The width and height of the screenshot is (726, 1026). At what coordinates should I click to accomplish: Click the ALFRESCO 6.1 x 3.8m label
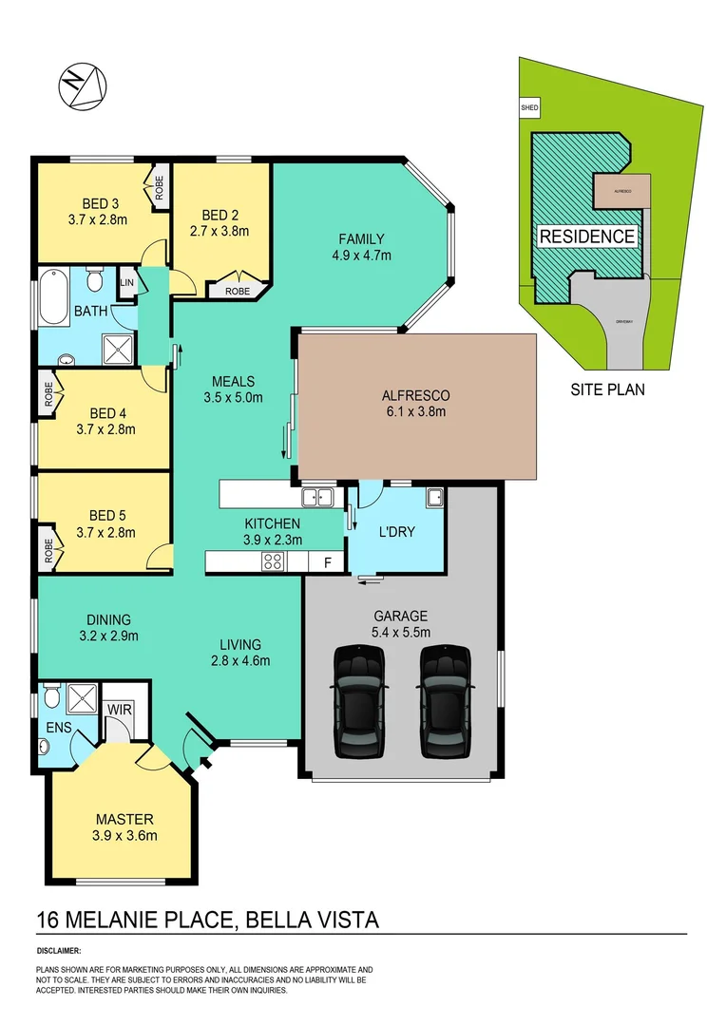[415, 403]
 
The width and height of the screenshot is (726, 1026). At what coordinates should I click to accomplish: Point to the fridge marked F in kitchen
[327, 562]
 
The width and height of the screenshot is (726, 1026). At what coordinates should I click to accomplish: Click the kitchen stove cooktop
[273, 561]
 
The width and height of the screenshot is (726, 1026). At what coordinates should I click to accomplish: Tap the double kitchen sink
[315, 495]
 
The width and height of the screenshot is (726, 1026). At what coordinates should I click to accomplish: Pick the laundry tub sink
[434, 496]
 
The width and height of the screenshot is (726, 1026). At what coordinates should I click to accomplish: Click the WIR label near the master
[119, 709]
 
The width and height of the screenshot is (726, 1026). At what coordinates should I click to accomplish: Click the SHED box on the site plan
[529, 108]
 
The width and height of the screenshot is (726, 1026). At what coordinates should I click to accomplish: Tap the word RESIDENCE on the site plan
[586, 237]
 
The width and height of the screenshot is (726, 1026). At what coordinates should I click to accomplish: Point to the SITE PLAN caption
[607, 389]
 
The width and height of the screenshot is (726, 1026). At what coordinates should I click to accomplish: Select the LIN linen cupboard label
[125, 282]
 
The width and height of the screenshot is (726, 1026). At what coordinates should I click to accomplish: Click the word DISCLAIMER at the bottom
[59, 950]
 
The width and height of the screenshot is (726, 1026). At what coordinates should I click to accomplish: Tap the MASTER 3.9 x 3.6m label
[124, 827]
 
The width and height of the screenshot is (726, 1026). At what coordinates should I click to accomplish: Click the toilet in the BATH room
[94, 281]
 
